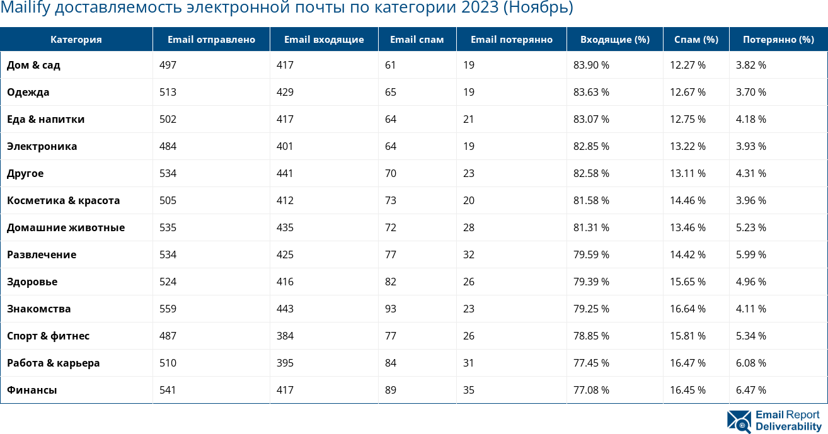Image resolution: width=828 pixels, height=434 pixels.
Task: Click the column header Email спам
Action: pos(417,39)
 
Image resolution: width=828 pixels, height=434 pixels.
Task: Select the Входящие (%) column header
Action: pos(614,39)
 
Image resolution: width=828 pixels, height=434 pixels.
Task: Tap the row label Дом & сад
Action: pos(33,65)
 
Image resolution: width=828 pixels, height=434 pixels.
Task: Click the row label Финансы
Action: pos(32,390)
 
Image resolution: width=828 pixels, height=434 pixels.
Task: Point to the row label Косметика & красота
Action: pos(63,200)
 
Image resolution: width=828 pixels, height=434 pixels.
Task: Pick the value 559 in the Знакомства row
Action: pos(168,309)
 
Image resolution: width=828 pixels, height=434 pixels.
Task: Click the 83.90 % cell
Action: pos(591,65)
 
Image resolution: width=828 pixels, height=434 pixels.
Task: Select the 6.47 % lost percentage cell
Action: pos(751,390)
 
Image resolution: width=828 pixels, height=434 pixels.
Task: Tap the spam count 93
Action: pos(391,309)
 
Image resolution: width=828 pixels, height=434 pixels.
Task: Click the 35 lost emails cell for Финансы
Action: pos(469,390)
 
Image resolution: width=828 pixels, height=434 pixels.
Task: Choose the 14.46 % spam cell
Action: pos(687,200)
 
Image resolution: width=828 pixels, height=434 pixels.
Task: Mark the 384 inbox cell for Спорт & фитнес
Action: pos(285,336)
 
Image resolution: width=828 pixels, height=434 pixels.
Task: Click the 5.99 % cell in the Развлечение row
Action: pos(751,254)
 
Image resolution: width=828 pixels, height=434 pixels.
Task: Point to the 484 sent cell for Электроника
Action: pos(168,146)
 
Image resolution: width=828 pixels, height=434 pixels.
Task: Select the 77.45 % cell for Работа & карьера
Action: pos(591,363)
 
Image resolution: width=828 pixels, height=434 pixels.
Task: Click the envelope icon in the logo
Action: pos(739,421)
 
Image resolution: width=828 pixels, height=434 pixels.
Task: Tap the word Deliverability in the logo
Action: pos(788,426)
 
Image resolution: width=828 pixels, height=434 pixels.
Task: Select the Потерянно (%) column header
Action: pos(778,39)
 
